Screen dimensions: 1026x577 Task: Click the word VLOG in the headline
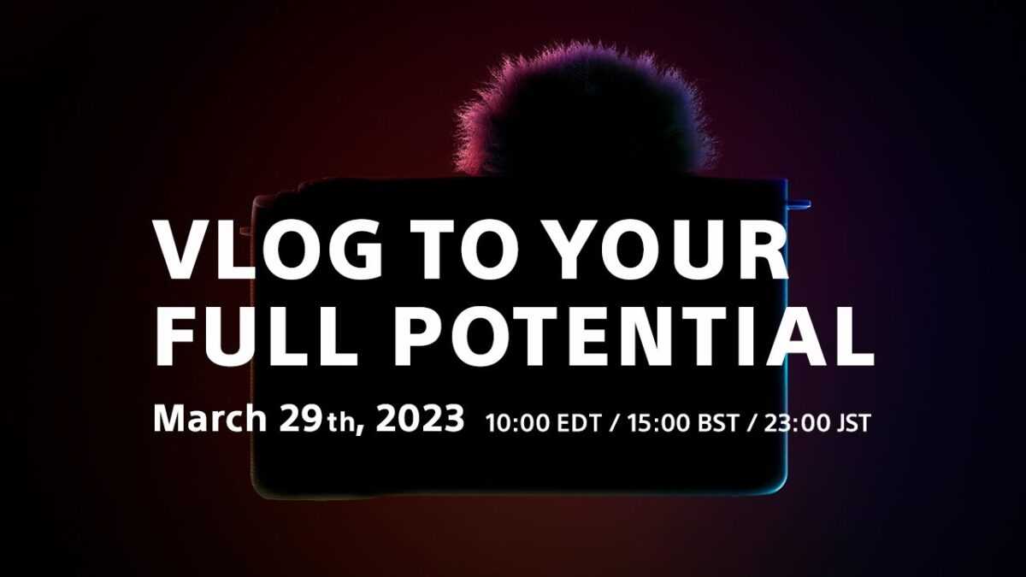tap(269, 250)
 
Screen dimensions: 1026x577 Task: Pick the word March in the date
tap(210, 418)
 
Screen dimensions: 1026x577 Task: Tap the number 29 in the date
tap(300, 419)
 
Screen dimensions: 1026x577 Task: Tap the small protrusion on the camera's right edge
tap(799, 204)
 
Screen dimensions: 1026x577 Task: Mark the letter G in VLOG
tap(354, 250)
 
